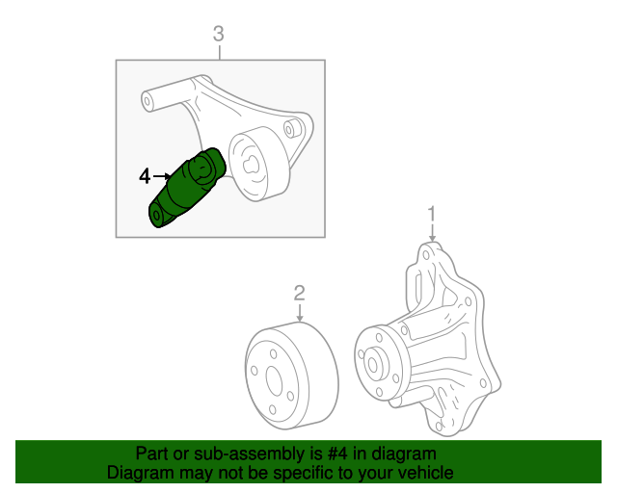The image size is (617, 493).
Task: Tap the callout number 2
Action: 300,293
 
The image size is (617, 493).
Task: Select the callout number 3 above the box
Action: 218,36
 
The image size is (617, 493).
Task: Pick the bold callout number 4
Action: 145,176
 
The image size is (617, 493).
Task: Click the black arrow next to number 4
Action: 162,176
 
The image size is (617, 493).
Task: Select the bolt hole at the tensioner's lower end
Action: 157,215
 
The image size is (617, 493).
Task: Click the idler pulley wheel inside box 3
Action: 254,164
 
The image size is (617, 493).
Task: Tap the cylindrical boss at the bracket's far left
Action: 148,97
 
